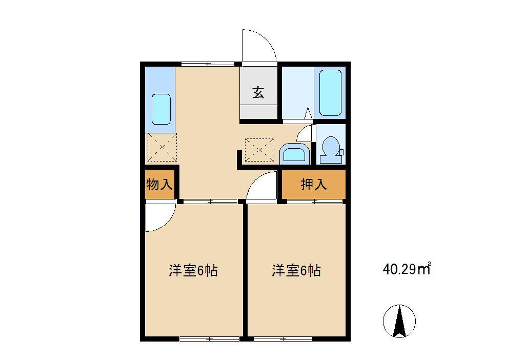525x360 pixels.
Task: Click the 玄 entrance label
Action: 258,93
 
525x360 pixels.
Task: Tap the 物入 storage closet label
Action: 159,185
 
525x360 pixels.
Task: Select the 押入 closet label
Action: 314,185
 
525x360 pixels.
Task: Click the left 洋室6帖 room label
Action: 193,270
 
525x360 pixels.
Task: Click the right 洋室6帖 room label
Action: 296,270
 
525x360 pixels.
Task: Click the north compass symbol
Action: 399,321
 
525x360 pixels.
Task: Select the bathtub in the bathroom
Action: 330,92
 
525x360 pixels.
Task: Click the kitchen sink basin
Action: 161,109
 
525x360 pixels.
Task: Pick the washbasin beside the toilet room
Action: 294,154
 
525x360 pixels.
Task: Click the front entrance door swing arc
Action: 259,46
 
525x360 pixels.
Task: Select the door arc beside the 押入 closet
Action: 262,187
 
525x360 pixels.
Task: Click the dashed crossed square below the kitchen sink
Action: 162,148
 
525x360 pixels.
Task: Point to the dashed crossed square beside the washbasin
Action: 259,150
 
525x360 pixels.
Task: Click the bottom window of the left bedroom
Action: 210,338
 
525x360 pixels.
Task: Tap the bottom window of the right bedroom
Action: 282,338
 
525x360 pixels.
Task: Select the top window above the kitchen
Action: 208,64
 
